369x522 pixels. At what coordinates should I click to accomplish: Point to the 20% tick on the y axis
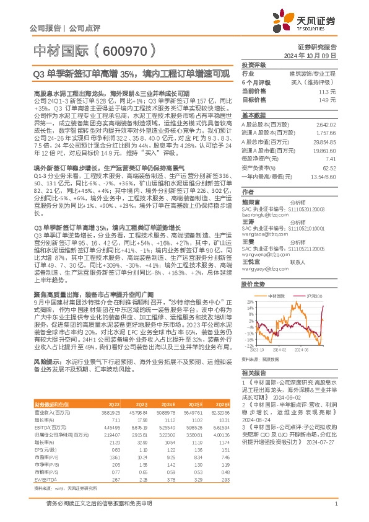tap(250, 304)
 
